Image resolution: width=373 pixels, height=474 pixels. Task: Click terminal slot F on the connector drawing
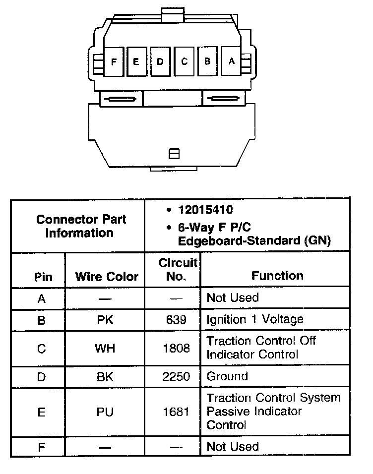point(114,61)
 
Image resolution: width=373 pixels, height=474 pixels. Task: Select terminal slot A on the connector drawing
point(231,61)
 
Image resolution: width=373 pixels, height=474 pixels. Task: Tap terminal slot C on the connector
point(185,61)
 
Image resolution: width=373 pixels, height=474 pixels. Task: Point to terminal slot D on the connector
point(160,61)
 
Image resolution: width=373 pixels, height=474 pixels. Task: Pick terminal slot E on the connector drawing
point(136,61)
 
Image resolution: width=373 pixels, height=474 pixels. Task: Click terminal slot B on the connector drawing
point(208,61)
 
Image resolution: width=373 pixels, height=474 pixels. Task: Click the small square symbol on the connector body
point(174,154)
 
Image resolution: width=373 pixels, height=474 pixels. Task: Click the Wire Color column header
point(107,277)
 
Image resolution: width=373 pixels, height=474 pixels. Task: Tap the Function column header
point(277,276)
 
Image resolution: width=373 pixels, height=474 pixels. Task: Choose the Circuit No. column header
point(177,269)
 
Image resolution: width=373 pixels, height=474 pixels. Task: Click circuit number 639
point(176,320)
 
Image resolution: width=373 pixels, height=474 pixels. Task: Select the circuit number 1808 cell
point(176,348)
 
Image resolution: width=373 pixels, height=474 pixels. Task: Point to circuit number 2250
point(176,377)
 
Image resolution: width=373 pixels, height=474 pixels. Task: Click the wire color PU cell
point(105,412)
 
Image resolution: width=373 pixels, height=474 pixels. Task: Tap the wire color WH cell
point(105,348)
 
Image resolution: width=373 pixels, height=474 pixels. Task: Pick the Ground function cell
point(227,376)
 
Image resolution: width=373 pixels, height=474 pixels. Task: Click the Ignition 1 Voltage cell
point(254,319)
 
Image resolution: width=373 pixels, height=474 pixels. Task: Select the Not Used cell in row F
point(232,447)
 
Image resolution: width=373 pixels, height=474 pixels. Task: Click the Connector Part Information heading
point(81,226)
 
